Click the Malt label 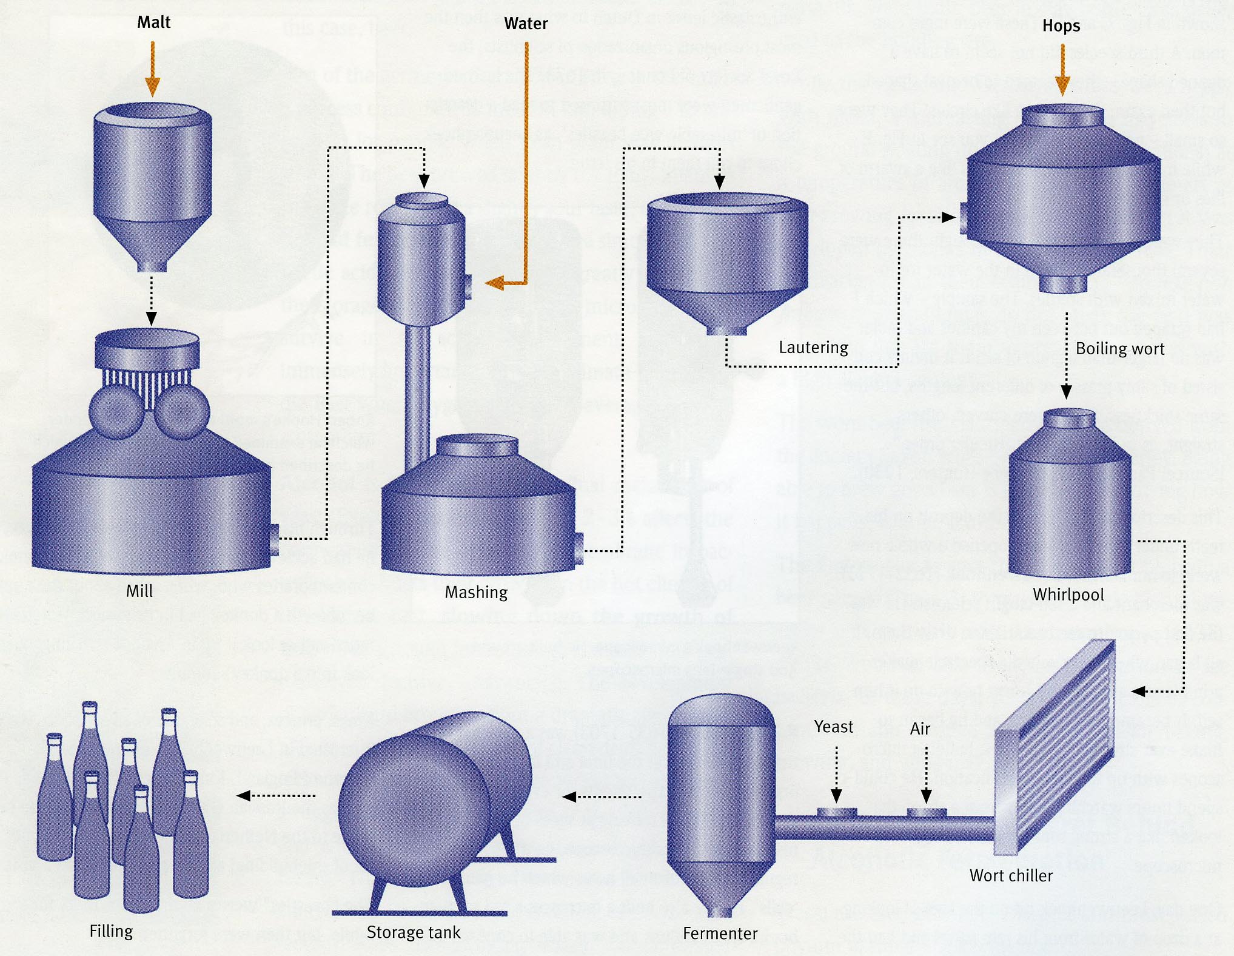point(154,22)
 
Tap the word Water point(526,24)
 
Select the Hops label point(1061,26)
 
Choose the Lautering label point(813,348)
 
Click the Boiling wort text point(1120,349)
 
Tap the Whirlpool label point(1068,594)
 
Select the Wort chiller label point(1011,875)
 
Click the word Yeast point(834,727)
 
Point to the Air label point(920,729)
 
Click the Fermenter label point(720,934)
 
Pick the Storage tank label point(414,932)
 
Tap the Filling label point(111,931)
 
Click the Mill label point(139,591)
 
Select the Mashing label point(476,592)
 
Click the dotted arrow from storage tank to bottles point(276,796)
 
